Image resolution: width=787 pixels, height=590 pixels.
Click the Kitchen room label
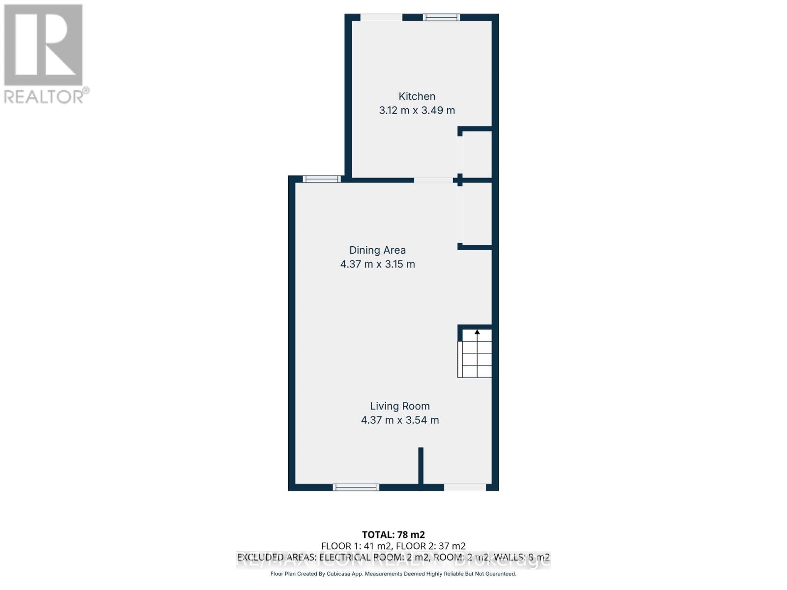(x=417, y=96)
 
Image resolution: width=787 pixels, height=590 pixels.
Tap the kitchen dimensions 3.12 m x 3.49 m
(x=417, y=110)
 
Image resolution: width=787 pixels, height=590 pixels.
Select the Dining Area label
(x=377, y=250)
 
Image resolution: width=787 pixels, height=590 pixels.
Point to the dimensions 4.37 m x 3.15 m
(x=377, y=264)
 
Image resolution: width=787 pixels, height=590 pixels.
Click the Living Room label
(x=399, y=406)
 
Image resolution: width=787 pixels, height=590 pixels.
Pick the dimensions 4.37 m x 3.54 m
(x=399, y=420)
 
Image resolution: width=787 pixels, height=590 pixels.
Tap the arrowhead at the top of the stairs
(x=477, y=332)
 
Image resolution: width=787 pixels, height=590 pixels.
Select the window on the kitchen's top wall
(x=442, y=17)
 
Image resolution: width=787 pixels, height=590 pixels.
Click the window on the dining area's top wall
(x=321, y=179)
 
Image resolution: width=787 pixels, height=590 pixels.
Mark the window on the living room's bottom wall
(x=356, y=487)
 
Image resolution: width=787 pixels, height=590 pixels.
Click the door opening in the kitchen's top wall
(x=381, y=17)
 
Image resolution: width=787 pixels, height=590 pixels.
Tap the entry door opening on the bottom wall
(x=465, y=487)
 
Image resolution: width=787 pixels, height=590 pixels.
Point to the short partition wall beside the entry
(x=421, y=466)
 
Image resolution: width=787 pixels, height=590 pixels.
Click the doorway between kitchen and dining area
(x=433, y=180)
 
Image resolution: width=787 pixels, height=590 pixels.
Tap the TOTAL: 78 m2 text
(x=393, y=534)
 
